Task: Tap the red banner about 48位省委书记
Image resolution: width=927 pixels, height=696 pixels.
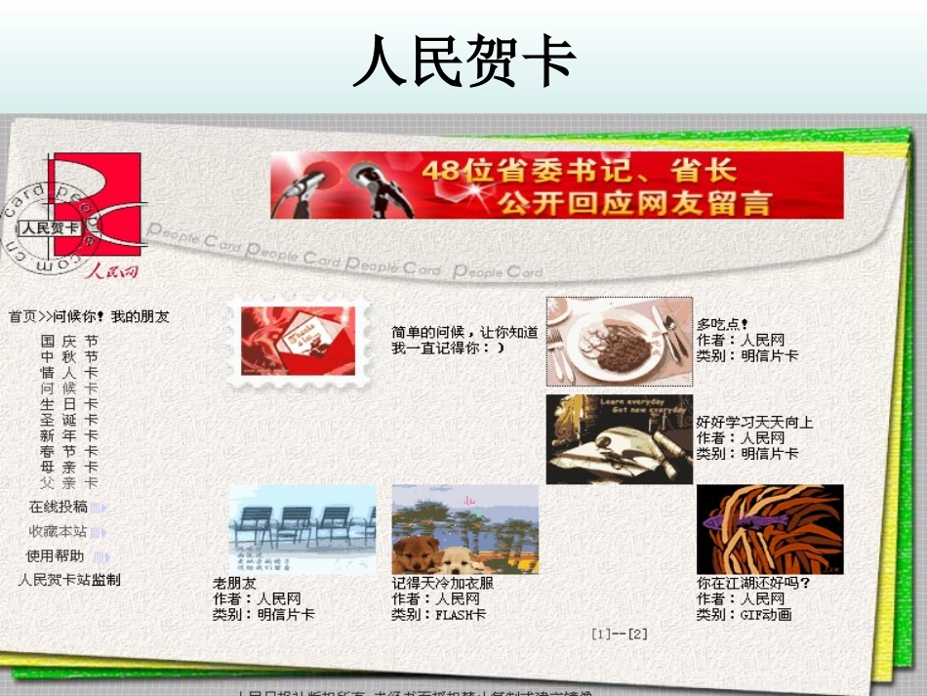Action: click(x=556, y=184)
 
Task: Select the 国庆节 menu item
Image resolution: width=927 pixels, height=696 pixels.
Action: click(x=68, y=342)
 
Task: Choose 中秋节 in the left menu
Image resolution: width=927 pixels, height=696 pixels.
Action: click(x=68, y=357)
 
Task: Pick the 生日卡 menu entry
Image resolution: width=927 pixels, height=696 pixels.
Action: click(x=68, y=404)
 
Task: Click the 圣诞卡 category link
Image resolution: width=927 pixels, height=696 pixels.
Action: click(x=68, y=420)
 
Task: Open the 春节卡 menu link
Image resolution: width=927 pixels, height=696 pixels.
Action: click(x=68, y=452)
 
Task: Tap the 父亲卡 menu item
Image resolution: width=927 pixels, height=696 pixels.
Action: click(x=68, y=483)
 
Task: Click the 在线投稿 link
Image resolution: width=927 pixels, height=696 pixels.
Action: click(x=59, y=508)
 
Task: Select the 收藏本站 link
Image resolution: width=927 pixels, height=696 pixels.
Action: click(x=59, y=532)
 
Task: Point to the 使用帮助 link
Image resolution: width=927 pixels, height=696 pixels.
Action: click(x=56, y=556)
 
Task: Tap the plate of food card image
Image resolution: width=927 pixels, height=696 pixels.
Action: click(x=619, y=341)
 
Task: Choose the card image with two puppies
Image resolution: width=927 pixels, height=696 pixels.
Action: click(x=464, y=529)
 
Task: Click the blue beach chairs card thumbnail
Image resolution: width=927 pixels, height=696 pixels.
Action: click(x=302, y=529)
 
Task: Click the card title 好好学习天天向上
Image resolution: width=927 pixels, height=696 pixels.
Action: click(x=754, y=423)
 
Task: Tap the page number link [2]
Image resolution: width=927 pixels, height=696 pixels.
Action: click(x=637, y=634)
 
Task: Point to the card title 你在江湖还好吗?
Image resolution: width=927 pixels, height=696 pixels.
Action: click(x=752, y=584)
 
